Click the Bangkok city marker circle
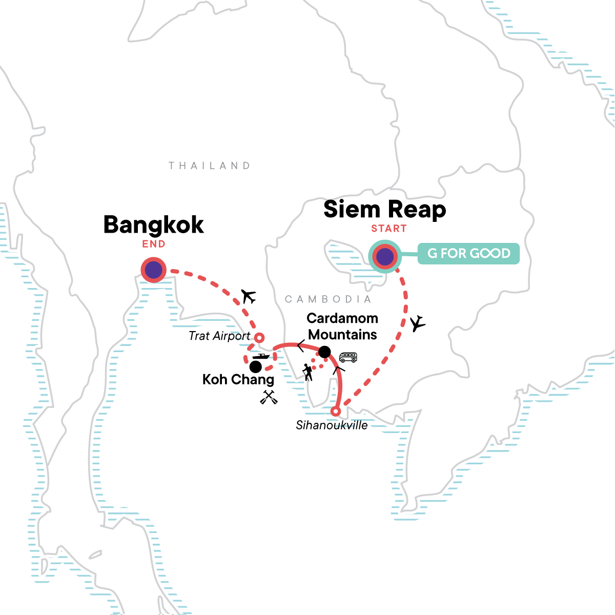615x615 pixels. click(x=154, y=270)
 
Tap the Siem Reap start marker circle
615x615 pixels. click(x=385, y=257)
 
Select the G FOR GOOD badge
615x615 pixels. click(x=468, y=254)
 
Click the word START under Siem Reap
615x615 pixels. click(x=389, y=229)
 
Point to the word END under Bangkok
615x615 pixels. click(x=154, y=244)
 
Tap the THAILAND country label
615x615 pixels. click(x=210, y=166)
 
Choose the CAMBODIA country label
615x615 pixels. click(x=328, y=299)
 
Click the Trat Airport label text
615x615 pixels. click(x=219, y=336)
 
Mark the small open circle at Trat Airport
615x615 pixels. click(x=260, y=337)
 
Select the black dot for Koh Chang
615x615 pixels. click(x=255, y=366)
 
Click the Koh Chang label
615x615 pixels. click(x=238, y=380)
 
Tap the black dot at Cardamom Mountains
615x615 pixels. click(x=324, y=352)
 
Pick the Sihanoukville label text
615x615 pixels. click(x=332, y=425)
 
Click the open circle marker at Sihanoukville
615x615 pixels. click(x=336, y=411)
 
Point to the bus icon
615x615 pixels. click(x=348, y=357)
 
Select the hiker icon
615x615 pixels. click(x=307, y=372)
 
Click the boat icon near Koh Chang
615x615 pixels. click(x=261, y=357)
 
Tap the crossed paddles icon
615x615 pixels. click(x=269, y=397)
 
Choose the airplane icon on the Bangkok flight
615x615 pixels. click(x=249, y=296)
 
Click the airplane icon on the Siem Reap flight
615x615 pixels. click(x=418, y=323)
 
